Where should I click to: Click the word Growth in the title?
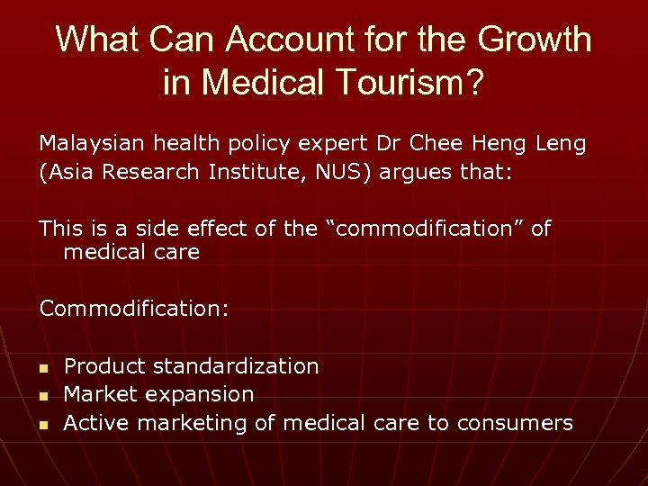tap(534, 40)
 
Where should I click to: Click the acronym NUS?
tap(343, 172)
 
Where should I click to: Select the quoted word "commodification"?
tap(423, 229)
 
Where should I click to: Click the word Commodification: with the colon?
tap(133, 309)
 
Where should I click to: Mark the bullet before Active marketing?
tap(42, 424)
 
